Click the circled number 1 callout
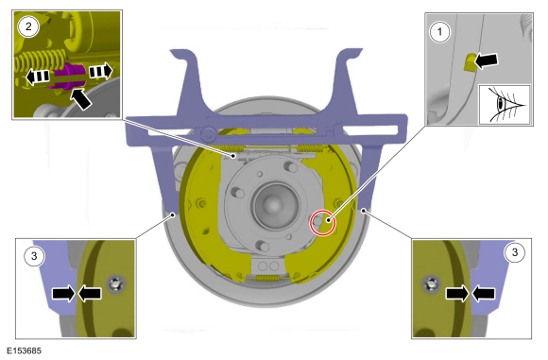point(439,32)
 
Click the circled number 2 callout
point(28,26)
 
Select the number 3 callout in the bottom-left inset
point(34,256)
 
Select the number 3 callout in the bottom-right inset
point(514,252)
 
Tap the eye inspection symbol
point(505,104)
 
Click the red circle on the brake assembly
point(323,222)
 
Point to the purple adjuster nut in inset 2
point(69,77)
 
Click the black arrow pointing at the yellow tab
point(486,60)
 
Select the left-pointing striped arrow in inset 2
point(38,76)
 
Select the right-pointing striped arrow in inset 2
point(101,71)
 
